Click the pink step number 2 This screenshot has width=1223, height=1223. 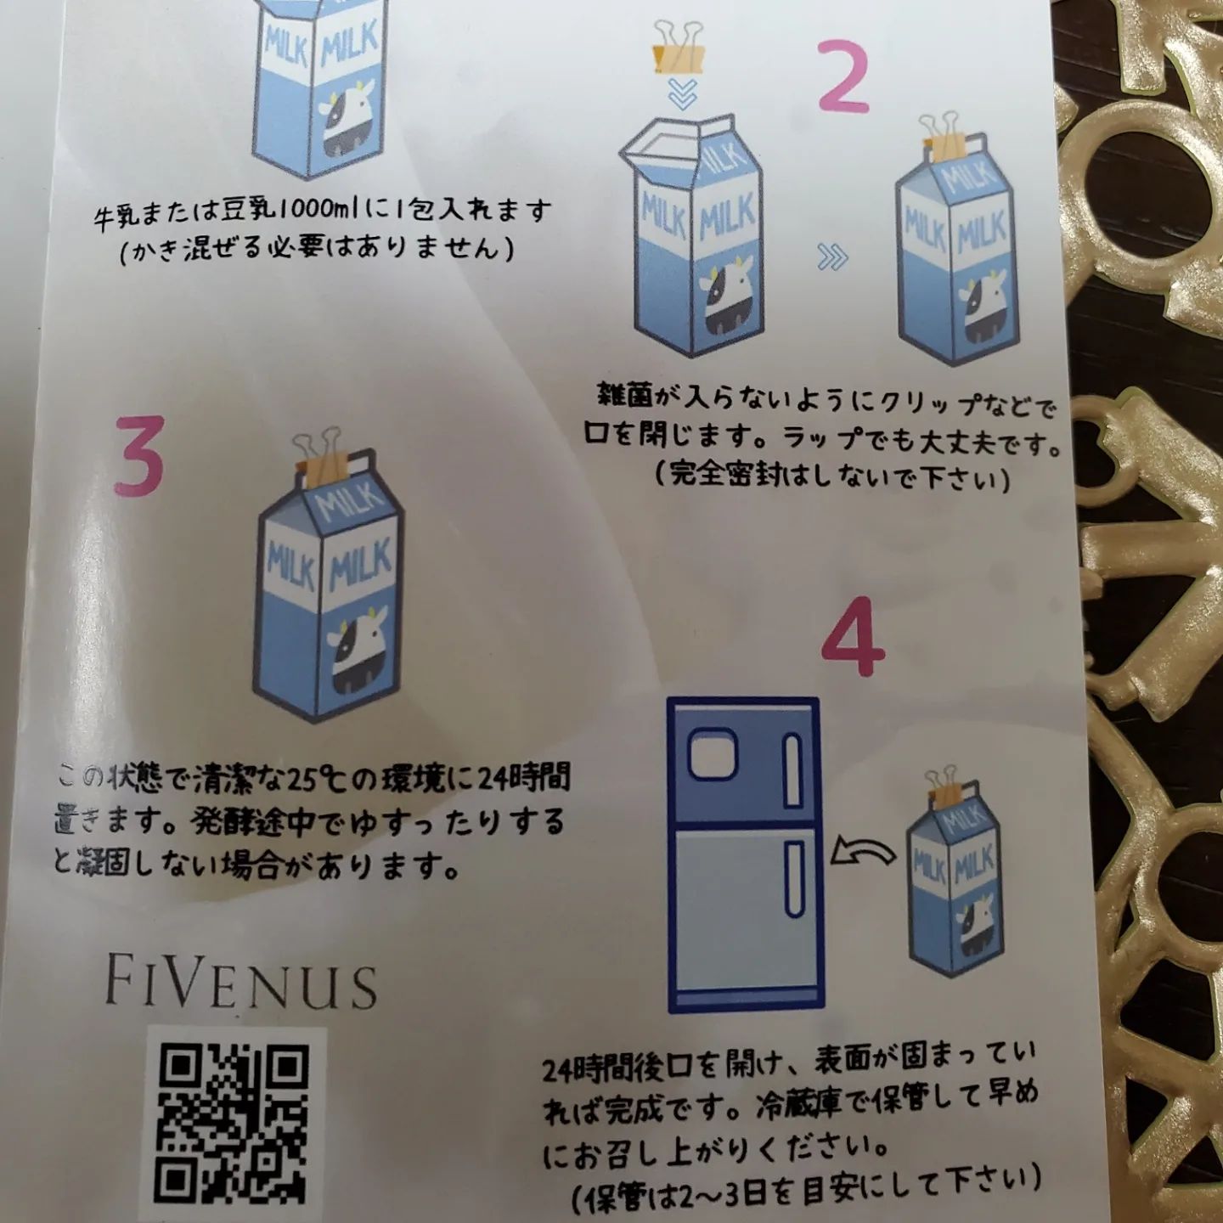[x=843, y=76]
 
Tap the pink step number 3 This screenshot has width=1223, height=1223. [x=139, y=456]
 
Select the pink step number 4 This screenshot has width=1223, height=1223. [x=853, y=637]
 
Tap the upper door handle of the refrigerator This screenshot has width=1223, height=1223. [x=792, y=770]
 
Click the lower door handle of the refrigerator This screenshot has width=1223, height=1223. [x=793, y=878]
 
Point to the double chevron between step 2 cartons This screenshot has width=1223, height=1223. [x=832, y=257]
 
